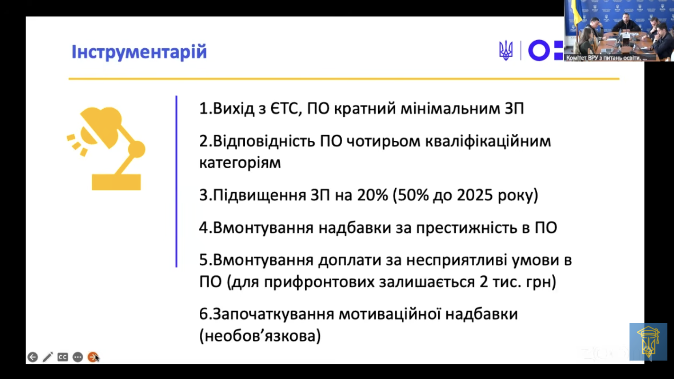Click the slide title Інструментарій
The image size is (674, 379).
click(x=139, y=52)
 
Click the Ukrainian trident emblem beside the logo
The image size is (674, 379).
click(x=505, y=51)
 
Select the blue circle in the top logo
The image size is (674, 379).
click(x=539, y=51)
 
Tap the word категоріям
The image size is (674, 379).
click(x=240, y=163)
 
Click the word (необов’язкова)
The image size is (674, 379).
click(x=260, y=336)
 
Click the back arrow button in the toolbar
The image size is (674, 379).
click(x=33, y=357)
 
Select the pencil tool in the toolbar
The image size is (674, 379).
click(x=47, y=357)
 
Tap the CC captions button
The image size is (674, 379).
click(x=62, y=357)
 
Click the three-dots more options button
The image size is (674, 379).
click(x=78, y=357)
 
